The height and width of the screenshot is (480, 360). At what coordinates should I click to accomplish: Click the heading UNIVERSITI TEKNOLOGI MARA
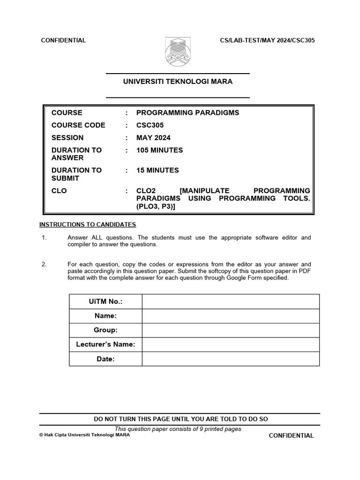(178, 82)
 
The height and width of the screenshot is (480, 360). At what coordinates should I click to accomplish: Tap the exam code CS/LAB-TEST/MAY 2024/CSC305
(267, 40)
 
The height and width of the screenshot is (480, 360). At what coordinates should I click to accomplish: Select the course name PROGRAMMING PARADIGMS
(187, 112)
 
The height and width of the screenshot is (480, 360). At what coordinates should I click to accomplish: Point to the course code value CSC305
(150, 125)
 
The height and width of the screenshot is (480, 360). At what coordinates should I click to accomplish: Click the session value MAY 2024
(153, 138)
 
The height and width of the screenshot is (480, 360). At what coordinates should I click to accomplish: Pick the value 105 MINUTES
(159, 150)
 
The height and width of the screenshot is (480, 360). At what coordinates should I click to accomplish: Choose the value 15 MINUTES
(157, 171)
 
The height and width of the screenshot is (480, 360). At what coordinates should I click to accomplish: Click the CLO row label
(59, 191)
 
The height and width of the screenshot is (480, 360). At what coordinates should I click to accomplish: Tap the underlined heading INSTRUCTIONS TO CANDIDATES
(88, 225)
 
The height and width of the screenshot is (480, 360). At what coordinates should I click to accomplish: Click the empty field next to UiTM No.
(230, 301)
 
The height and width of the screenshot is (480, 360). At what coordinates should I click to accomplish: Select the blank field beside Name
(230, 316)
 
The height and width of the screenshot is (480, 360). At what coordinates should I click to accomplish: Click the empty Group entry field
(230, 330)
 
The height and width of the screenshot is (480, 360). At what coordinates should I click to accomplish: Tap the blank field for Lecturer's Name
(230, 345)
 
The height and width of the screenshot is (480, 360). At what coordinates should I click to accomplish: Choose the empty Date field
(230, 359)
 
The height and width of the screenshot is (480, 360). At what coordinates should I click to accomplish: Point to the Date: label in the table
(105, 359)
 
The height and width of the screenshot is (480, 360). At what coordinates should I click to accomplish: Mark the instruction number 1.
(44, 238)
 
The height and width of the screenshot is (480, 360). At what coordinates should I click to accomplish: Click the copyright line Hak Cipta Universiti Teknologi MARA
(85, 435)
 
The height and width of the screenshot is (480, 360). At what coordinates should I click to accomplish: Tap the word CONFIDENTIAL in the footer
(291, 435)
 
